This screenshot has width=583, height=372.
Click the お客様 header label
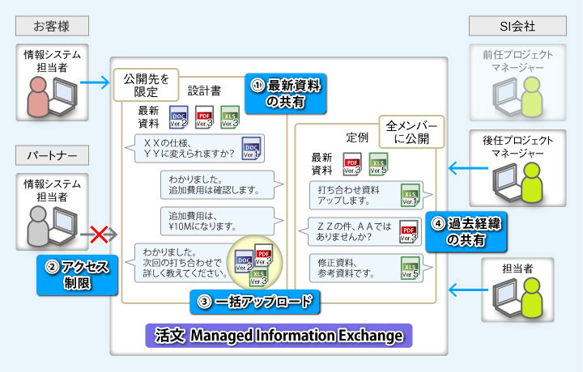tap(52, 25)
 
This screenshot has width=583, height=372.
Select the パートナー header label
tap(52, 154)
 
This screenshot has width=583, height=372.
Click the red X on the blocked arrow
tap(100, 235)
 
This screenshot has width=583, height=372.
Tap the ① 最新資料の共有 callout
tap(287, 92)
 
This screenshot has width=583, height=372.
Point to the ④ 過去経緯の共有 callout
tap(465, 233)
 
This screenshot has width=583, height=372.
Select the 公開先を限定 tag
tap(147, 85)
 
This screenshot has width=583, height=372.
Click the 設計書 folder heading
tap(202, 91)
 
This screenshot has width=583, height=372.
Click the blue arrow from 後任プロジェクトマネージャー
tap(464, 169)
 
